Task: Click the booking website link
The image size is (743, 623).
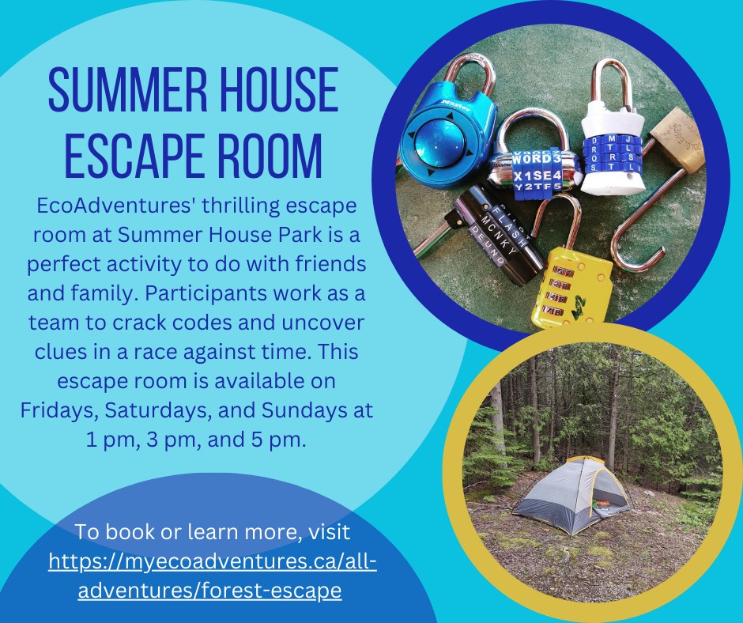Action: point(212,576)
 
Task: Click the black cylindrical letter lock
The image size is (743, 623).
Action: point(492,235)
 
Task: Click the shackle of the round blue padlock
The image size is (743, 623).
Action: point(468,76)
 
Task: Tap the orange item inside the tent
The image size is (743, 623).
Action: point(602,503)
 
